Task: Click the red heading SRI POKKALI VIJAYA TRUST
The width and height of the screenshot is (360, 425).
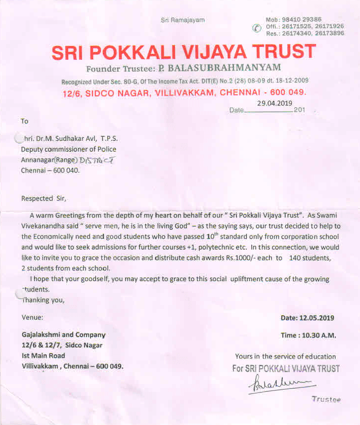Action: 183,52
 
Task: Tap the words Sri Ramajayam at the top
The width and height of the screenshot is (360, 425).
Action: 182,20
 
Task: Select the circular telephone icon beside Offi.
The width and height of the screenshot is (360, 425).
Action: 256,28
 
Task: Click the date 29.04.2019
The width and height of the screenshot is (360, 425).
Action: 274,103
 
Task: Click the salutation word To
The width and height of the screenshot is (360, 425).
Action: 25,121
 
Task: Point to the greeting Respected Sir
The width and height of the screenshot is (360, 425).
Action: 44,198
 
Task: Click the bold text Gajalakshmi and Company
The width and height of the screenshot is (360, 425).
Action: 63,335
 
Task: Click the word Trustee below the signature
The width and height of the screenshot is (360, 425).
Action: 326,399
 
